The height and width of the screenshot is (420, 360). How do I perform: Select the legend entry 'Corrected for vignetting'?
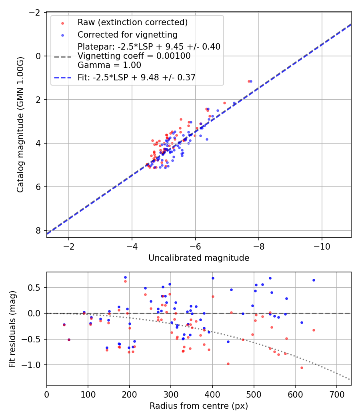[127, 34]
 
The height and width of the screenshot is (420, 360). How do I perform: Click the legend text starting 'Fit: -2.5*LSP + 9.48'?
[136, 77]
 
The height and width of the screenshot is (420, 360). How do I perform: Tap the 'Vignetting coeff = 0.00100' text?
[134, 56]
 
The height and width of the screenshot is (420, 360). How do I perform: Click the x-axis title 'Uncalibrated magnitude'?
[199, 258]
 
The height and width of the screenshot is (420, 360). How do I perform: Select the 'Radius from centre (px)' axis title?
[199, 406]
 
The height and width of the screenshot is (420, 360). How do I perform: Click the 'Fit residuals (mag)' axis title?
[12, 328]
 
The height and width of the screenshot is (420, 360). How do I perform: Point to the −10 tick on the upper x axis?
[322, 245]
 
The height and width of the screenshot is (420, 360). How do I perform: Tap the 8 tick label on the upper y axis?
[38, 230]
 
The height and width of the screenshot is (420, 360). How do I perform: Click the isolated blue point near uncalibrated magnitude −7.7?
[251, 81]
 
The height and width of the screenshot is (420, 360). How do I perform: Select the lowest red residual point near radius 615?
[302, 368]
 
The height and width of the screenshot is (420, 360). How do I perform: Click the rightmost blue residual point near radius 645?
[314, 280]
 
